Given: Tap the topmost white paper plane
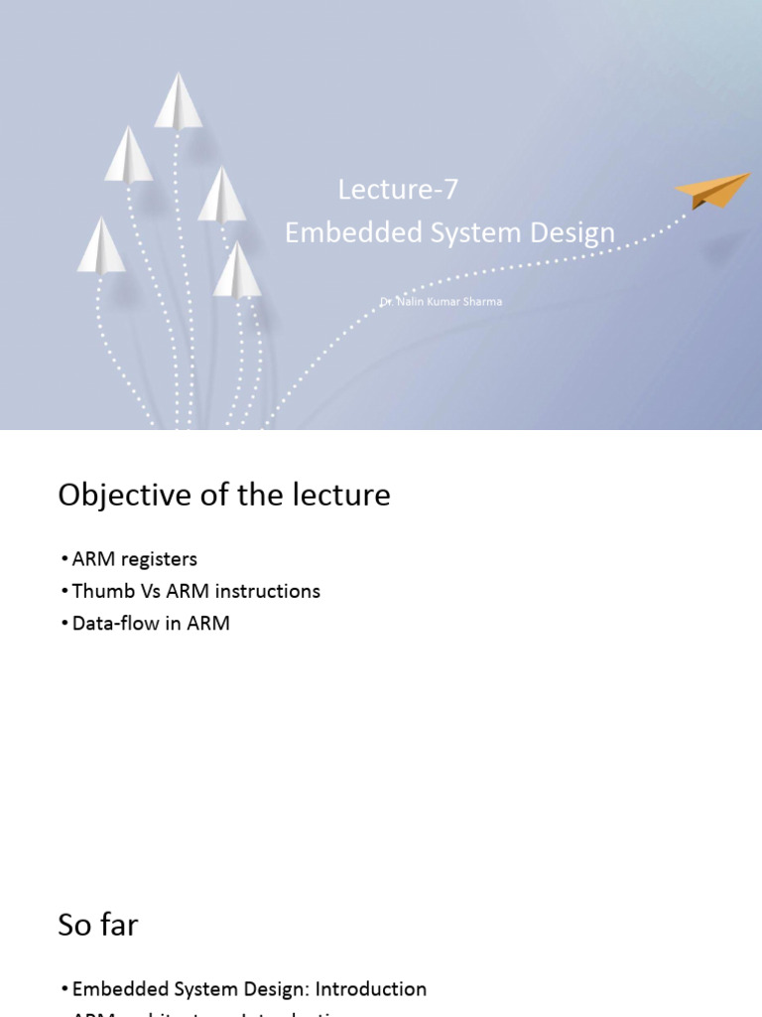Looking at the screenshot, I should coord(178,101).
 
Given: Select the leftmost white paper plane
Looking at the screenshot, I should coord(101,246).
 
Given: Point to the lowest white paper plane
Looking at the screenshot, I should coord(237,270).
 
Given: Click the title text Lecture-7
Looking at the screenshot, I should coord(398,189).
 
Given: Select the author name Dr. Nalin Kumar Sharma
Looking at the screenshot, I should coord(441,301).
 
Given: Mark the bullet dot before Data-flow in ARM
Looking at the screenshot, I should coord(64,625).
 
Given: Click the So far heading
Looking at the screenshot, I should coord(97,925).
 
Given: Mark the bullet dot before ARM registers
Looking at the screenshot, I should coord(64,560).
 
